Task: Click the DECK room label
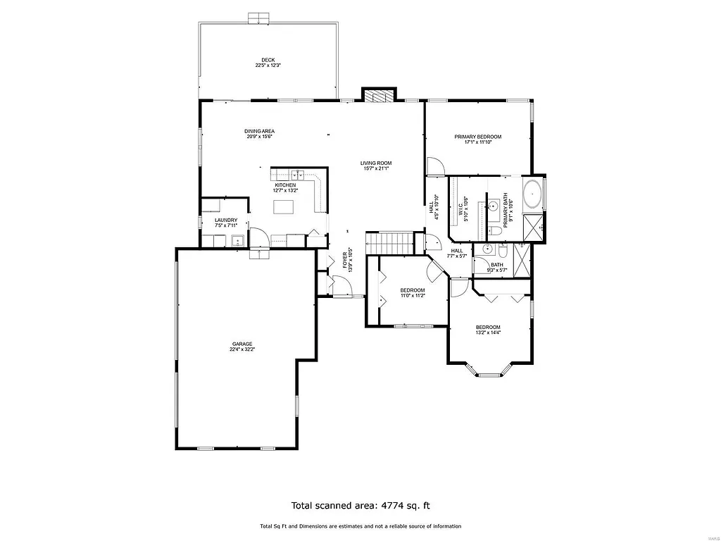(x=268, y=60)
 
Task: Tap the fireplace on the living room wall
(x=379, y=97)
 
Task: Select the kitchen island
(x=283, y=206)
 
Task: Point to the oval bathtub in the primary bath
(x=532, y=193)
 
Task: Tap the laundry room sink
(x=238, y=242)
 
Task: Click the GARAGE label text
(x=242, y=344)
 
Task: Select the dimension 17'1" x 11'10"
(x=477, y=142)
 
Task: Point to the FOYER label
(x=345, y=260)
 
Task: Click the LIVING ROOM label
(x=376, y=163)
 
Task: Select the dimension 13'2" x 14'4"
(x=487, y=333)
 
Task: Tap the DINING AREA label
(x=259, y=131)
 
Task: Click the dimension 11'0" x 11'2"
(x=413, y=296)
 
